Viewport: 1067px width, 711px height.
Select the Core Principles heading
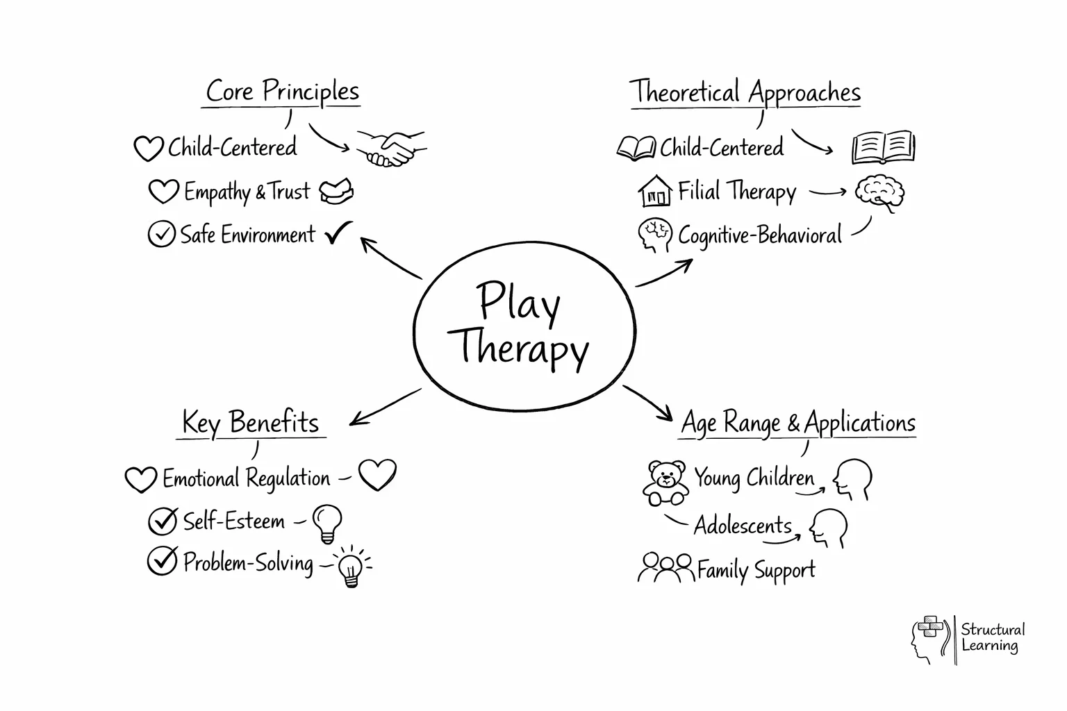(x=282, y=92)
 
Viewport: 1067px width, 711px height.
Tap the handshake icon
(x=391, y=149)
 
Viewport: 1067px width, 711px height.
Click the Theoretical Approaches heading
(x=745, y=92)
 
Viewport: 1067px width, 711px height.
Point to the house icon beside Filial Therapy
(x=655, y=191)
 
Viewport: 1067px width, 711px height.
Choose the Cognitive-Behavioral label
(x=759, y=235)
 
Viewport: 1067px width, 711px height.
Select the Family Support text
(x=756, y=570)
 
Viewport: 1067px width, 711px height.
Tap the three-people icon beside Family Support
(x=665, y=567)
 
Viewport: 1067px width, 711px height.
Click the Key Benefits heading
(x=250, y=423)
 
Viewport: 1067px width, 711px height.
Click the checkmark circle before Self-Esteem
(x=163, y=521)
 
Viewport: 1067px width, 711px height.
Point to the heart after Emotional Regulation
(x=377, y=475)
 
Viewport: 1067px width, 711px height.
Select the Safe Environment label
(x=247, y=235)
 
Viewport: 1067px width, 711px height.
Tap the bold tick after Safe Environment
(x=338, y=233)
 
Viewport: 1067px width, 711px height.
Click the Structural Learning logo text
(x=992, y=637)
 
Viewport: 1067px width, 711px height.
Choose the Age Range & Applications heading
(x=797, y=423)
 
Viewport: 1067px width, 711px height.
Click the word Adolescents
(x=743, y=526)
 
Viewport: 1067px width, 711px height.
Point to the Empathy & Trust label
(x=247, y=192)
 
